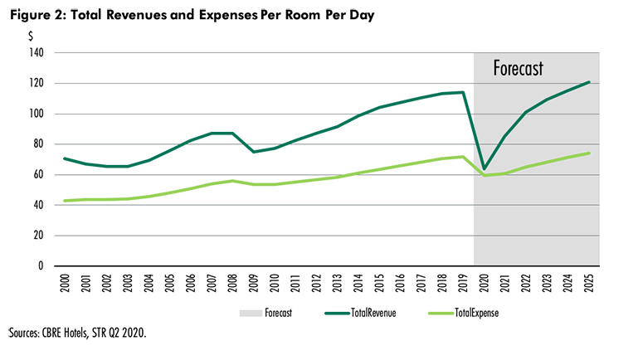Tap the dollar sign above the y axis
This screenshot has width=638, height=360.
31,36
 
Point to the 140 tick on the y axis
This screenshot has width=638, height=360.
38,52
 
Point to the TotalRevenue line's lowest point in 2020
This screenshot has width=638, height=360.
484,169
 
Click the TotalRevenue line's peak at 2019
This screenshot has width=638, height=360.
463,92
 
